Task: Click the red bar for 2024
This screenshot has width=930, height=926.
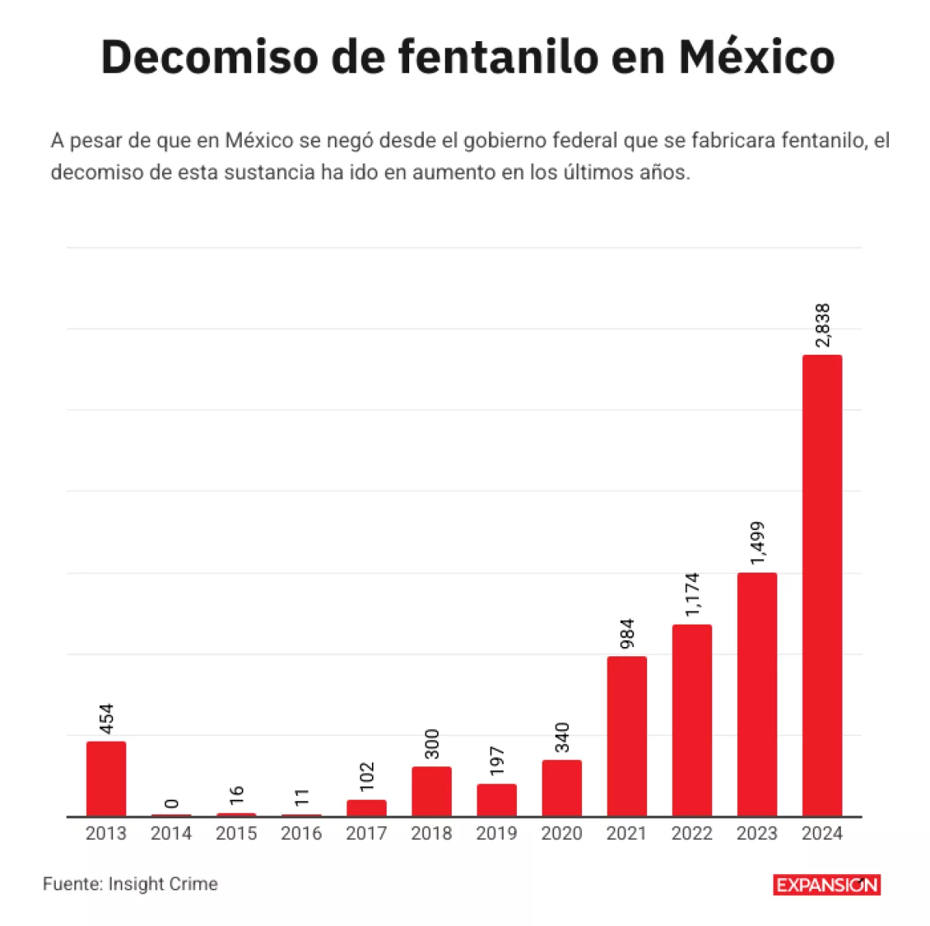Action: (821, 585)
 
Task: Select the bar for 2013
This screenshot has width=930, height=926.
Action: (106, 778)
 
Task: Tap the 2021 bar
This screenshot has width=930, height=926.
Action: (627, 736)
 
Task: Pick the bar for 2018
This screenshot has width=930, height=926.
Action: (432, 791)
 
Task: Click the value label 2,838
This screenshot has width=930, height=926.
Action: (822, 325)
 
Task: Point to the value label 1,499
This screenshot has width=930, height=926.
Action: (757, 544)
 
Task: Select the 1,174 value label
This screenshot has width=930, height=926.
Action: (692, 595)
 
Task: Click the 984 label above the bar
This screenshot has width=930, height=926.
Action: (627, 633)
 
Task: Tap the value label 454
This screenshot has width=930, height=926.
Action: (106, 718)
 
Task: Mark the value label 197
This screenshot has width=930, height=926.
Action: (497, 761)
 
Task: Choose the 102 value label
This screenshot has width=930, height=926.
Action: (367, 777)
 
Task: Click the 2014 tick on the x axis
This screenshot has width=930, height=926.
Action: (171, 834)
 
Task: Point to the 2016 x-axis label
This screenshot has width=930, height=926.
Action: (301, 834)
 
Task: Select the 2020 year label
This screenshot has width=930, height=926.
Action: (562, 834)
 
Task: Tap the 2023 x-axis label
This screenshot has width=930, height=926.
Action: (757, 834)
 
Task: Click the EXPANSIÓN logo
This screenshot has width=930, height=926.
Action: (826, 885)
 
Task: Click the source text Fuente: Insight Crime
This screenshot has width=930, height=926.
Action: (130, 884)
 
